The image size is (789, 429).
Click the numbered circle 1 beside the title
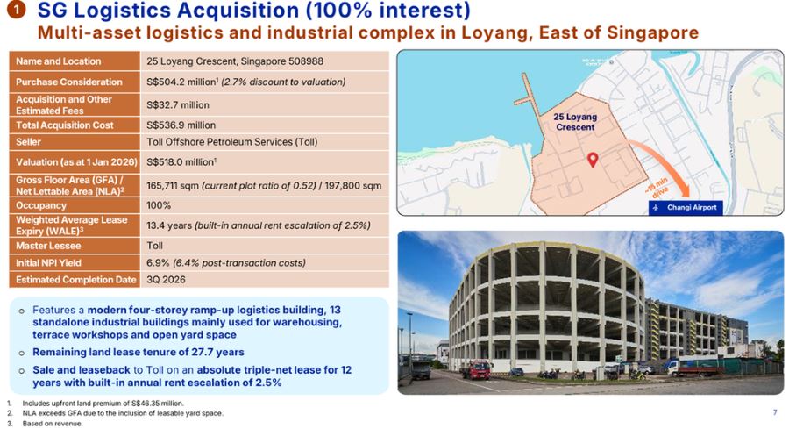coord(18,12)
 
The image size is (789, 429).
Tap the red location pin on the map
coord(592,160)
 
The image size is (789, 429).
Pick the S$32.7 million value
coord(177,104)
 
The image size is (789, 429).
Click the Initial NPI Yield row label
coord(53,262)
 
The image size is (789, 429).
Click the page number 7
coord(774,411)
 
